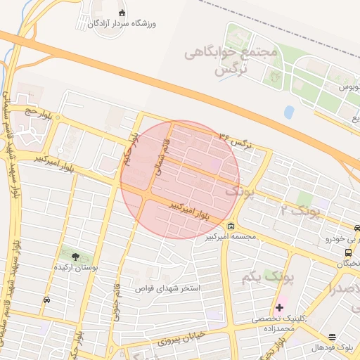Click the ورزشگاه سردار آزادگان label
tap(122, 23)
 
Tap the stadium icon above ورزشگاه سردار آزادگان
tap(122, 13)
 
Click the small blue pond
tap(289, 112)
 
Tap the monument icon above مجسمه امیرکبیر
tap(231, 226)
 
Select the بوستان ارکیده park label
tap(76, 268)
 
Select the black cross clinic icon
tap(280, 307)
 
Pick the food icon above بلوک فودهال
tap(331, 337)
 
